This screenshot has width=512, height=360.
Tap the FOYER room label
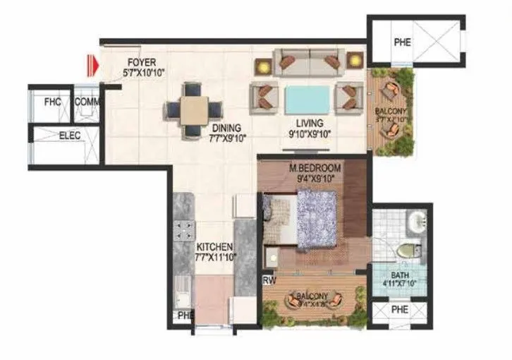[142, 62]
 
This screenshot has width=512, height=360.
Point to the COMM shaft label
[87, 102]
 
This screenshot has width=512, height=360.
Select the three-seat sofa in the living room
[307, 62]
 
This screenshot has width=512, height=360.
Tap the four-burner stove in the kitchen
[184, 231]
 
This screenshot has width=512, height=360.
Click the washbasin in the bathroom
[416, 220]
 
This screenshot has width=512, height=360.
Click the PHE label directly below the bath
[400, 310]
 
